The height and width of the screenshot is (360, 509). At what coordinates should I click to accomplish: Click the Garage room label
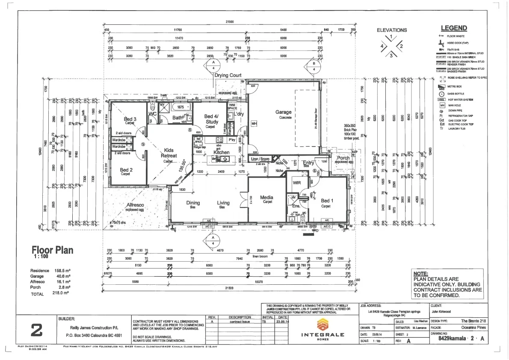pyautogui.click(x=283, y=112)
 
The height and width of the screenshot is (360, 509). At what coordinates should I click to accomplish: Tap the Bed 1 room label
pyautogui.click(x=326, y=201)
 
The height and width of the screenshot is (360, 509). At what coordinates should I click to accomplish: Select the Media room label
pyautogui.click(x=266, y=198)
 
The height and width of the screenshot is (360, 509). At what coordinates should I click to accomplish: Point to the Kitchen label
pyautogui.click(x=222, y=152)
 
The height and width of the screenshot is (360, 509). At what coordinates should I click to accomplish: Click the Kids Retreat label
pyautogui.click(x=169, y=153)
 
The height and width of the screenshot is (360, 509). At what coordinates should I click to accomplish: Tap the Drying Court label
pyautogui.click(x=228, y=75)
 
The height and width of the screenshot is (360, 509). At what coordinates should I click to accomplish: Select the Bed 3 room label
pyautogui.click(x=130, y=119)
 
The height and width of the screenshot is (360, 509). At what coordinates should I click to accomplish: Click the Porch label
pyautogui.click(x=343, y=158)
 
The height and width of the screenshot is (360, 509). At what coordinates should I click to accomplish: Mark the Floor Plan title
pyautogui.click(x=53, y=250)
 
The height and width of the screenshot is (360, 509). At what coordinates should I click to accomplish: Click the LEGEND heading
pyautogui.click(x=454, y=28)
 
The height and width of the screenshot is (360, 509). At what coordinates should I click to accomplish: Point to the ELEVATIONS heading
pyautogui.click(x=391, y=30)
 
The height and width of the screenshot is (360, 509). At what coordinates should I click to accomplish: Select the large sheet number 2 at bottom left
pyautogui.click(x=37, y=330)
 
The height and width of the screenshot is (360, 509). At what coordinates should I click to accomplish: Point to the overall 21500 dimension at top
pyautogui.click(x=230, y=22)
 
